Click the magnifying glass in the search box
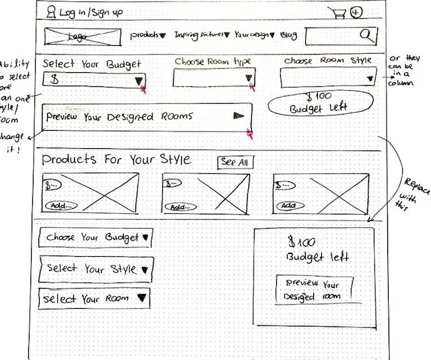coord(367,35)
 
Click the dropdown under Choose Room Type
coord(213,79)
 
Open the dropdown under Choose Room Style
coord(328,79)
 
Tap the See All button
coord(235,162)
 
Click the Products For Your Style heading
coord(117,160)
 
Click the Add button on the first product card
coord(61,206)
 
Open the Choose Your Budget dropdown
coord(95,238)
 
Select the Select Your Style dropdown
coord(95,269)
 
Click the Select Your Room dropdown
coord(95,299)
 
